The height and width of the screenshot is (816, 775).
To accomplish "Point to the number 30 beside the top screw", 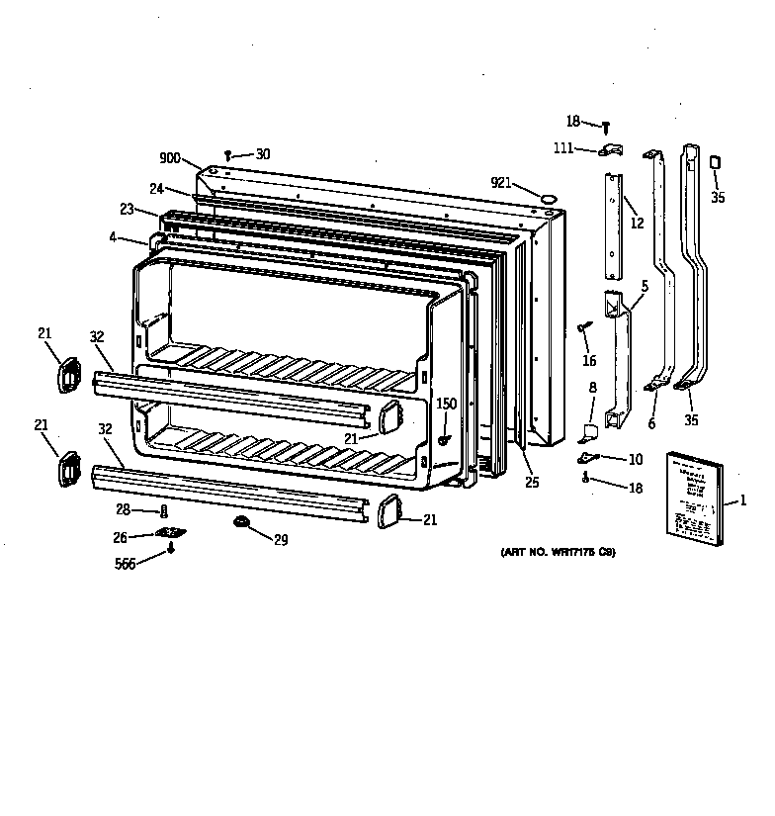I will click(x=262, y=154).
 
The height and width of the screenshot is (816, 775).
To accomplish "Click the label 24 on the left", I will click(x=156, y=189).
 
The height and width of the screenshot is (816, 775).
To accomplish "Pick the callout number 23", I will click(x=126, y=210).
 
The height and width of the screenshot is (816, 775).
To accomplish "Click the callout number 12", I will click(x=637, y=224).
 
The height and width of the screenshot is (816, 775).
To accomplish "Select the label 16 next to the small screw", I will click(x=589, y=360).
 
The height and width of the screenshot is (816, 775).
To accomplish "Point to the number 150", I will click(x=447, y=404).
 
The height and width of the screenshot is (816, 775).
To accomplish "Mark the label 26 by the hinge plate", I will click(x=120, y=538).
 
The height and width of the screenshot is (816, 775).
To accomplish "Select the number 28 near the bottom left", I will click(x=122, y=509).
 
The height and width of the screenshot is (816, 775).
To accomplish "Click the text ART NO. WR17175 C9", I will click(x=559, y=552).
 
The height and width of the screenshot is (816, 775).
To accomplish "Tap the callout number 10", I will click(x=635, y=459).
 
